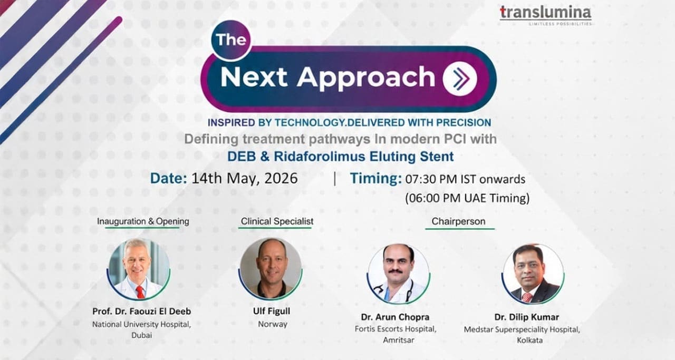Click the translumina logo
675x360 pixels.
point(545,15)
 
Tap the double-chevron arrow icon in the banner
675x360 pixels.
point(460,79)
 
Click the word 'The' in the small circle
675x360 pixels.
point(231,40)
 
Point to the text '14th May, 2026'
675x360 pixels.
point(245,178)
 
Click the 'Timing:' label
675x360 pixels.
point(376,179)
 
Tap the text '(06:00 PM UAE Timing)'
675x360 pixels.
point(467,199)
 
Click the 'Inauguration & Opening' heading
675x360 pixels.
point(143,221)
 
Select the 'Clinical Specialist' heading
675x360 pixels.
point(277,221)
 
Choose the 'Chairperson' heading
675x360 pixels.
point(458,221)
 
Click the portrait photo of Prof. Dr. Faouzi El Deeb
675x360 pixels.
point(139,269)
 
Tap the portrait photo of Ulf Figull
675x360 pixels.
point(271,268)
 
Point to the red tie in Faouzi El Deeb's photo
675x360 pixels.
point(140,292)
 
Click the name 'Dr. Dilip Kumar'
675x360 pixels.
point(527,317)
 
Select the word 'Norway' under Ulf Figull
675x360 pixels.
point(273,325)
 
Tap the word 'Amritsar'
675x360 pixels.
point(399,340)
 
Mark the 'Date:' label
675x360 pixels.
point(168,178)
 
